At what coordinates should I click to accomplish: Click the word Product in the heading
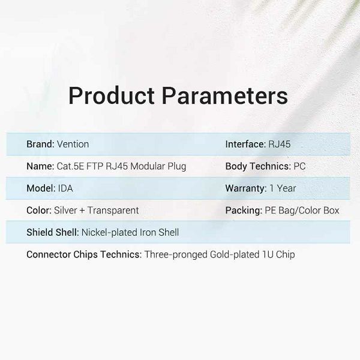point(112,95)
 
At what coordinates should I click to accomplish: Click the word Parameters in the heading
point(225,95)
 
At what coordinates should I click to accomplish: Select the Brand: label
point(40,144)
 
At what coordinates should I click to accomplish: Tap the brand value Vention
point(73,144)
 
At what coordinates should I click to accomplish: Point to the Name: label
point(40,166)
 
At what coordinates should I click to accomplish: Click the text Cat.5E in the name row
point(70,166)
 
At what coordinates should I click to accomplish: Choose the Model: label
point(41,188)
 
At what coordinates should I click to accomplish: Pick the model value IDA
point(65,188)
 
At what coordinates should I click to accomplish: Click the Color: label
point(39,211)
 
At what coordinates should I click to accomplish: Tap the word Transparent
point(113,211)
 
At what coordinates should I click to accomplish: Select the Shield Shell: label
point(53,232)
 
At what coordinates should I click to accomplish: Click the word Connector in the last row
point(49,254)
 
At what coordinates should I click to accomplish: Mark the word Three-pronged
point(176,254)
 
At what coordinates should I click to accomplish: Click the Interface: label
point(245,144)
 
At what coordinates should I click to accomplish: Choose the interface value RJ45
point(280,144)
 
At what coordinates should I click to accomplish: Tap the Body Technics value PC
point(299,166)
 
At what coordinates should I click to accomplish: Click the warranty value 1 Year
point(283,188)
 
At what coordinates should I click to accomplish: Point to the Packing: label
point(244,211)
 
